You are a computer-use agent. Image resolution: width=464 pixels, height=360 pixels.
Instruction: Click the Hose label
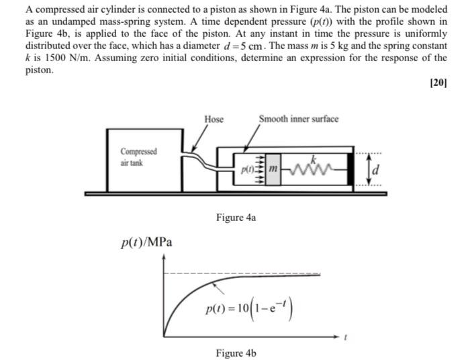pyautogui.click(x=214, y=119)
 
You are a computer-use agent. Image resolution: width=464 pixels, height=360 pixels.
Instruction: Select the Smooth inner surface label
pyautogui.click(x=298, y=119)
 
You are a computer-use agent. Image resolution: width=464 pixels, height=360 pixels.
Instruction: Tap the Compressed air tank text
pyautogui.click(x=138, y=156)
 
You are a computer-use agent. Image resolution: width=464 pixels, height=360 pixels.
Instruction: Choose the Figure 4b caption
pyautogui.click(x=236, y=353)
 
